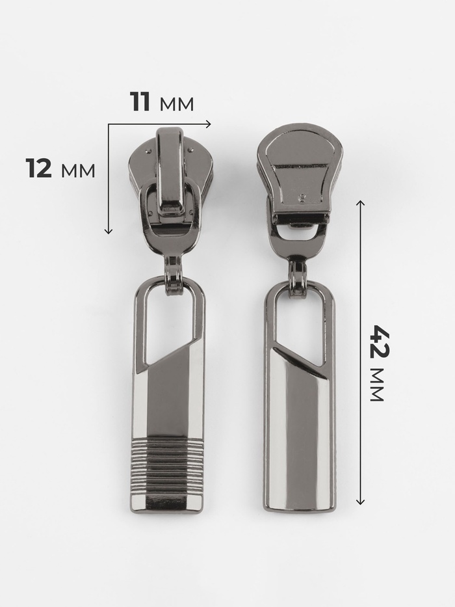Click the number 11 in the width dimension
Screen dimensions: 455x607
point(140,101)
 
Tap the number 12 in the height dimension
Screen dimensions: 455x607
point(39,168)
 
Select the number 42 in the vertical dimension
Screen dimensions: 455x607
point(378,342)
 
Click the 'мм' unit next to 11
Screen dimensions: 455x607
point(176,105)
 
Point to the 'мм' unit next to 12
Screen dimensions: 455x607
point(78,170)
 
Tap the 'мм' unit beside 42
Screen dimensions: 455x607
point(376,384)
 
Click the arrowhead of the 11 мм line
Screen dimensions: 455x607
point(209,124)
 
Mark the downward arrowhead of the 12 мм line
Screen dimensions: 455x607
point(109,231)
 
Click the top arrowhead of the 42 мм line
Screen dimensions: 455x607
point(360,203)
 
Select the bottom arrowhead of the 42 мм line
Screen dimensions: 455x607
point(360,231)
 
